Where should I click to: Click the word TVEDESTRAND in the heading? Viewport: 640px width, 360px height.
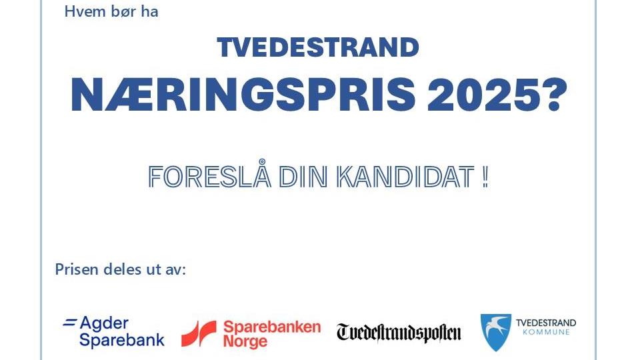(x=318, y=47)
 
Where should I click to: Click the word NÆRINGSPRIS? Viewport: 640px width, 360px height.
(x=243, y=95)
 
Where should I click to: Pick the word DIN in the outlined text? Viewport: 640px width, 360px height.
(x=303, y=177)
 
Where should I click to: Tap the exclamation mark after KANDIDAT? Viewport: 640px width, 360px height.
(x=485, y=177)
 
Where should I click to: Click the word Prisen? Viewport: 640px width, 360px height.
(x=77, y=269)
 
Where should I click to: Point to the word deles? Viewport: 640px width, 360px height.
(x=121, y=269)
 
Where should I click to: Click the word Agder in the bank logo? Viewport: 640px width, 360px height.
(x=104, y=324)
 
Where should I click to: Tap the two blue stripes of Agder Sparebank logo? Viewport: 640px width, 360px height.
(x=69, y=323)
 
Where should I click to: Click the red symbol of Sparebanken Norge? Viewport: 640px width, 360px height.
(x=199, y=334)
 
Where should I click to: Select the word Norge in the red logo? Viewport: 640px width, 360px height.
(x=245, y=341)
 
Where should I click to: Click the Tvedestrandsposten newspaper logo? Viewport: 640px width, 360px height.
(x=399, y=333)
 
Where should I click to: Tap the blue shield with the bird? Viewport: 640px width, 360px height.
(x=496, y=332)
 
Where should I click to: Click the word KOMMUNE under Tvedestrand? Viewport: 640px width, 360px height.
(x=546, y=332)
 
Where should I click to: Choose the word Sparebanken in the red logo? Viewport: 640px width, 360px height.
(x=272, y=327)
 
